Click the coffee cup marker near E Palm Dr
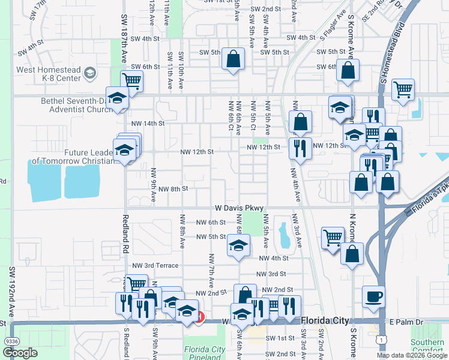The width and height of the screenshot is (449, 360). click(373, 296)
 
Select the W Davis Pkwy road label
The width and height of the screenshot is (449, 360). click(239, 208)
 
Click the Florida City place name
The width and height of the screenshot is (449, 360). click(325, 320)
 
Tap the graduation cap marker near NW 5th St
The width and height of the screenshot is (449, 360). click(238, 245)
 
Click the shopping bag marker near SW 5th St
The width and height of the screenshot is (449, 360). click(232, 59)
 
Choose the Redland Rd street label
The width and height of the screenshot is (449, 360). click(126, 248)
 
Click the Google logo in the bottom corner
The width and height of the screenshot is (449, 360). click(20, 353)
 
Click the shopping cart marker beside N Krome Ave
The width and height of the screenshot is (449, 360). click(332, 238)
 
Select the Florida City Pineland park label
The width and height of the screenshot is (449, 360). click(204, 353)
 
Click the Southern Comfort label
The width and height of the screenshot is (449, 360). click(427, 346)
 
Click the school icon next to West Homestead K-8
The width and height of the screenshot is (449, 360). click(90, 74)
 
